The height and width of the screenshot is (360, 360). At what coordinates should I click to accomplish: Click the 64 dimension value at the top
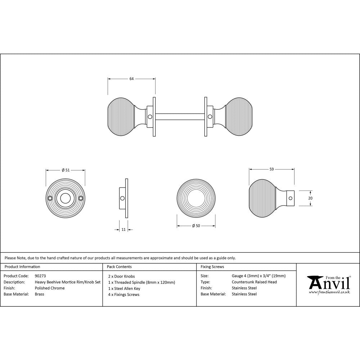pyautogui.click(x=132, y=79)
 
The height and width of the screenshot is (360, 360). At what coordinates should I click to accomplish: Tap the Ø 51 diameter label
pyautogui.click(x=66, y=170)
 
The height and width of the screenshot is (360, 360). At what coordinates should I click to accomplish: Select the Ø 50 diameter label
pyautogui.click(x=196, y=226)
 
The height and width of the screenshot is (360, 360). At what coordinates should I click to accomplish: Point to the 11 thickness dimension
pyautogui.click(x=124, y=229)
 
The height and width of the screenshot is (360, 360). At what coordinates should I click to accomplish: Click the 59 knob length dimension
pyautogui.click(x=272, y=169)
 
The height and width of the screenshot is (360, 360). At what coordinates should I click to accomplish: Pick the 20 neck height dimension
pyautogui.click(x=310, y=198)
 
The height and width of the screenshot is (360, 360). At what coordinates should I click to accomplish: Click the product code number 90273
pyautogui.click(x=40, y=276)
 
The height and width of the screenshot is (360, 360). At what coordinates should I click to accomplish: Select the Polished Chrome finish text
pyautogui.click(x=50, y=288)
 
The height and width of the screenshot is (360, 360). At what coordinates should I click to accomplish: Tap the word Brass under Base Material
pyautogui.click(x=40, y=294)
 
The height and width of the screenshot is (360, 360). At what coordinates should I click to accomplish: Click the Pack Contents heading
pyautogui.click(x=119, y=267)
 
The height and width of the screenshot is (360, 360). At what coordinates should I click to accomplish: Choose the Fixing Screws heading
pyautogui.click(x=212, y=267)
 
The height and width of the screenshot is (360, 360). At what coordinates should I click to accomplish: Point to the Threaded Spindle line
pyautogui.click(x=141, y=282)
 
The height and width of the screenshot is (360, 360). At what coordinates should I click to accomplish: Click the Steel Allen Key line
pyautogui.click(x=124, y=288)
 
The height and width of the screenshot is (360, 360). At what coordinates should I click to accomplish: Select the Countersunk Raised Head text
pyautogui.click(x=254, y=282)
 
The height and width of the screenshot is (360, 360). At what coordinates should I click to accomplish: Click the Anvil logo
pyautogui.click(x=328, y=283)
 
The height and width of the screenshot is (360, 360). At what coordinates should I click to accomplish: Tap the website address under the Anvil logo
pyautogui.click(x=329, y=292)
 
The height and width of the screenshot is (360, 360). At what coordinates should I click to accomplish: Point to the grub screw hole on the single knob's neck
pyautogui.click(x=290, y=198)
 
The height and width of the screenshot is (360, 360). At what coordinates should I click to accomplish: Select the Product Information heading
pyautogui.click(x=22, y=267)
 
